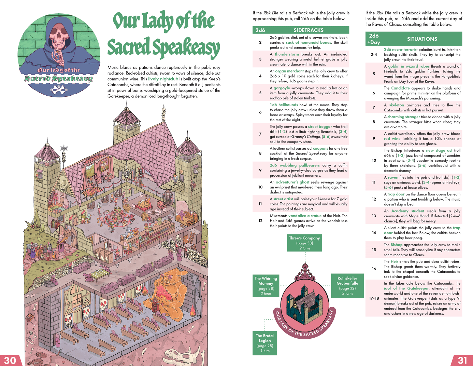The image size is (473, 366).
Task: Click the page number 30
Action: [10, 360]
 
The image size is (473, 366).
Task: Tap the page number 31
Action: [462, 360]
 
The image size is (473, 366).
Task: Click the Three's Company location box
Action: [304, 243]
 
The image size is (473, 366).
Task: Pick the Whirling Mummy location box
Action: [266, 286]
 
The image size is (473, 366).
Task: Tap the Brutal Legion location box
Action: [264, 343]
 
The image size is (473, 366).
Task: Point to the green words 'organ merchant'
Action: [289, 71]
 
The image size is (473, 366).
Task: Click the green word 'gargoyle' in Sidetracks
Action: [282, 88]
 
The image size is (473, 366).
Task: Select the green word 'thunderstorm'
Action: [287, 54]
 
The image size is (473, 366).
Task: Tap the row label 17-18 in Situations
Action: [374, 298]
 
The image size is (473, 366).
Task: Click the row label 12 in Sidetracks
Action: [260, 221]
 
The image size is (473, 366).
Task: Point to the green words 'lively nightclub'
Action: [163, 79]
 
